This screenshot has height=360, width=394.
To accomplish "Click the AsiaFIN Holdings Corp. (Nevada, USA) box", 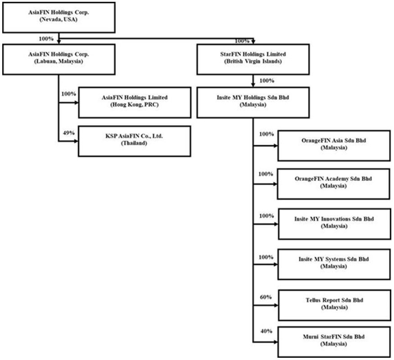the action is click(x=59, y=18).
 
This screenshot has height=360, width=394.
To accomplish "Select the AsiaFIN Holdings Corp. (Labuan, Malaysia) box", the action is click(x=59, y=59).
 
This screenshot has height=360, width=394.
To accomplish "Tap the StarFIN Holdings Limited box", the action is click(x=253, y=59).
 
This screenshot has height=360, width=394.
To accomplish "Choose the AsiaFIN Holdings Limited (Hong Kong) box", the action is click(x=135, y=103).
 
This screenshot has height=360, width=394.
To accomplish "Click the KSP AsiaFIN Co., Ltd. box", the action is click(x=135, y=141).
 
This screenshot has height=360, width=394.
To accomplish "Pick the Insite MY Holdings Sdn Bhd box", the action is click(x=253, y=103).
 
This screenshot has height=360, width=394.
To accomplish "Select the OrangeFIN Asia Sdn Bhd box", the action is click(x=334, y=146).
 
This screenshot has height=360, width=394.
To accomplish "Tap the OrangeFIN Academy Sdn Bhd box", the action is click(x=334, y=184).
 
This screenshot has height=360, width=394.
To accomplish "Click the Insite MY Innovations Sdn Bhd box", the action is click(x=335, y=224).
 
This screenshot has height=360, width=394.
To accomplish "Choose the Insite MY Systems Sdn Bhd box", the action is click(x=334, y=264).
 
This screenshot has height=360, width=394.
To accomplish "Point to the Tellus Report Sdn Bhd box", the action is click(x=335, y=305).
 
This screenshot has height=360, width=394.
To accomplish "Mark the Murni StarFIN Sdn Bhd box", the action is click(x=334, y=342).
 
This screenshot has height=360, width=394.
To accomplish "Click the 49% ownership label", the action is click(x=68, y=133).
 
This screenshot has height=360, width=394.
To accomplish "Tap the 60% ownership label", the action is click(x=266, y=297).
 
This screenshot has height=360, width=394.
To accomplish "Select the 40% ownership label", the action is click(x=267, y=331).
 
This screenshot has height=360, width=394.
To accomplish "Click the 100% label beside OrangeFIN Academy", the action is click(x=266, y=174).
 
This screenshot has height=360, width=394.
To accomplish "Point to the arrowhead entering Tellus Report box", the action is click(x=276, y=305).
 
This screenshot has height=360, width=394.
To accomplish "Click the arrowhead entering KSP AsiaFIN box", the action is click(x=76, y=141).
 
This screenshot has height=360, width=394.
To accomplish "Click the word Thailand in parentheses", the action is click(x=134, y=143).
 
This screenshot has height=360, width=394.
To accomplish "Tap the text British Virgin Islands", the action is click(x=253, y=61).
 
